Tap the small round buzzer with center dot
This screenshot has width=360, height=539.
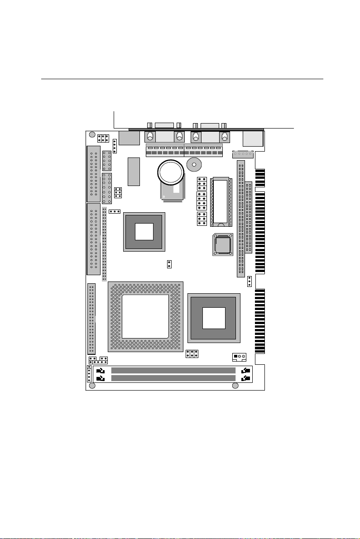(194, 166)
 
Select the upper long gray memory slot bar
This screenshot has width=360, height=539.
(173, 371)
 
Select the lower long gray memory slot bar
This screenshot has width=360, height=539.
(173, 378)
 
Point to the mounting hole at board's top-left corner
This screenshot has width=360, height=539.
(92, 135)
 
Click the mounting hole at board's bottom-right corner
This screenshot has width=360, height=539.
(235, 386)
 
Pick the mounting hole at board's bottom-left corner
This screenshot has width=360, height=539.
(92, 386)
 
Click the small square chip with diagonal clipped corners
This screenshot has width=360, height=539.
(223, 244)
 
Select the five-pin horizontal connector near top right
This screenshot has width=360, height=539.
(241, 155)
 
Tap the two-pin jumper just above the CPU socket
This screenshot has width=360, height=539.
(169, 264)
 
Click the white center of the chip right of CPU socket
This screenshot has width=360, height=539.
(214, 318)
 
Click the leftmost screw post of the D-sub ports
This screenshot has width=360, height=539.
(150, 137)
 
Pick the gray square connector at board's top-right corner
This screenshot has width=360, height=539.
(252, 138)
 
